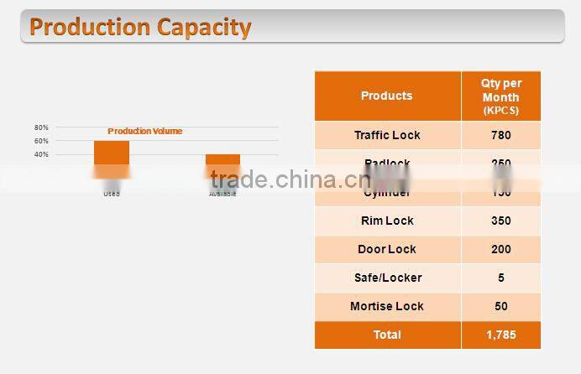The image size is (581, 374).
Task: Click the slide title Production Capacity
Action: click(x=140, y=27)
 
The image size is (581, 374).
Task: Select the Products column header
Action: click(x=386, y=96)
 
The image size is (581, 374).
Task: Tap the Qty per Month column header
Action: click(x=500, y=96)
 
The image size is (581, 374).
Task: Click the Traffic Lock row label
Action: click(x=387, y=135)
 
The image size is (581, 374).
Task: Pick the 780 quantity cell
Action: click(x=500, y=135)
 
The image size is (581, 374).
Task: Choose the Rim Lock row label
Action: click(x=387, y=221)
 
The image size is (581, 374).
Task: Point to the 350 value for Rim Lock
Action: click(x=500, y=221)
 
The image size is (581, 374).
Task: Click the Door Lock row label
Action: click(x=387, y=249)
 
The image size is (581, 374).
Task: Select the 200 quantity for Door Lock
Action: click(x=500, y=249)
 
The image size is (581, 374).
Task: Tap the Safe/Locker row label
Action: click(x=387, y=278)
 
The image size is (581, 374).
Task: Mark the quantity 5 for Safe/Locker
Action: click(x=500, y=278)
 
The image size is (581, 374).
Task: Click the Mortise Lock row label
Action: click(x=387, y=306)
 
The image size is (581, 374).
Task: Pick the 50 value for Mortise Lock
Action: click(x=500, y=306)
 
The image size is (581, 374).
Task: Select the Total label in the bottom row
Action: click(x=387, y=335)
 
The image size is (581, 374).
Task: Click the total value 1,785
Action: click(x=500, y=335)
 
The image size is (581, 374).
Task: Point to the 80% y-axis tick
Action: click(x=41, y=127)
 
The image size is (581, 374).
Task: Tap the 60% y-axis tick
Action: click(x=41, y=141)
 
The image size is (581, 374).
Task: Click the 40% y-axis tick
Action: click(x=41, y=154)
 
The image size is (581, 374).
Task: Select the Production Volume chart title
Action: click(x=144, y=131)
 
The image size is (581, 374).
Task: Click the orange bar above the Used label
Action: click(x=112, y=153)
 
